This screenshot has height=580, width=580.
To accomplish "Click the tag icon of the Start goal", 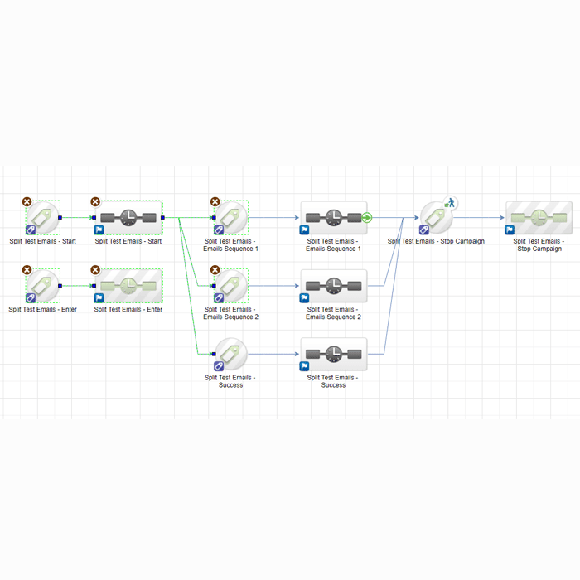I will pyautogui.click(x=43, y=217).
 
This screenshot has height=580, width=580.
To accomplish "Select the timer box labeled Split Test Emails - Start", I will pyautogui.click(x=128, y=218).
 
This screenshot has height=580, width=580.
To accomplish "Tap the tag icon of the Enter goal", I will pyautogui.click(x=43, y=286).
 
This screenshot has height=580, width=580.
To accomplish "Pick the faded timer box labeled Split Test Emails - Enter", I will pyautogui.click(x=128, y=286).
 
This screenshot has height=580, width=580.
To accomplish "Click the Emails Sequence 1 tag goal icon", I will pyautogui.click(x=231, y=217).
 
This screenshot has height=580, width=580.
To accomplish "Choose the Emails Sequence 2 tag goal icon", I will pyautogui.click(x=231, y=286).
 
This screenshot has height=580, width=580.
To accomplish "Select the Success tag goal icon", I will pyautogui.click(x=231, y=354).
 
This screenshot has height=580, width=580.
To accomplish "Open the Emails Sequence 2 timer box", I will pyautogui.click(x=333, y=286).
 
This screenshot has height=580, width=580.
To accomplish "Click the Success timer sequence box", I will pyautogui.click(x=333, y=354).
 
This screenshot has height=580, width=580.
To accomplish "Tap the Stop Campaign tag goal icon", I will pyautogui.click(x=436, y=217).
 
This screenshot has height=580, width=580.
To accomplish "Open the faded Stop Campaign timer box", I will pyautogui.click(x=539, y=217).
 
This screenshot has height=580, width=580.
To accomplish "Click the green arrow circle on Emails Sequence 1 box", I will pyautogui.click(x=367, y=218).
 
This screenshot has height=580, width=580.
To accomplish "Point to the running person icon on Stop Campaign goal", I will pyautogui.click(x=451, y=202).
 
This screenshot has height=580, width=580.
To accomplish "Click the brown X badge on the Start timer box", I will pyautogui.click(x=95, y=201).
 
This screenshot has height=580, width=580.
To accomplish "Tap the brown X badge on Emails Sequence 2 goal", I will pyautogui.click(x=215, y=270).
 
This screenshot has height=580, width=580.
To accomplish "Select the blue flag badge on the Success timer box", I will pyautogui.click(x=304, y=366).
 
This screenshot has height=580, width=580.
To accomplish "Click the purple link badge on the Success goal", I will pyautogui.click(x=219, y=366).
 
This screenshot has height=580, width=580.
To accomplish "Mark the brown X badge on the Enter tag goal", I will pyautogui.click(x=27, y=270).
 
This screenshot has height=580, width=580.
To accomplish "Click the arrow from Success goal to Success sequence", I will pyautogui.click(x=273, y=354).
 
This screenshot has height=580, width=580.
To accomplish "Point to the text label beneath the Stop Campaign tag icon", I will pyautogui.click(x=436, y=242).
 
